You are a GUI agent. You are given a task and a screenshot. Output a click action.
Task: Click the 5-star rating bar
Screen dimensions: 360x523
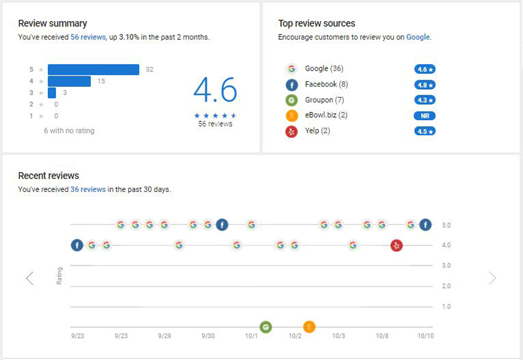pos(93,70)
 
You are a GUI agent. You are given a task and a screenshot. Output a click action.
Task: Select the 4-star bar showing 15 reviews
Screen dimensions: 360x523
pos(69,81)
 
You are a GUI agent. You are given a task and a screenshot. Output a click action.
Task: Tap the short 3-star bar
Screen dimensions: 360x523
pos(52,93)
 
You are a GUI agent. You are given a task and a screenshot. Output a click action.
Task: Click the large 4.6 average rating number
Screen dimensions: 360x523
pos(215,91)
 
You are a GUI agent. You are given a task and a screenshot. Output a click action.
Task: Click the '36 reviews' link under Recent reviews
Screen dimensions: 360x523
pos(88,189)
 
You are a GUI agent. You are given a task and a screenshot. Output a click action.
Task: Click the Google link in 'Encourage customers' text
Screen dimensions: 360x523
pos(418,37)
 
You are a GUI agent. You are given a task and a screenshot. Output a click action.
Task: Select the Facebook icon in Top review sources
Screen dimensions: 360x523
pos(291,85)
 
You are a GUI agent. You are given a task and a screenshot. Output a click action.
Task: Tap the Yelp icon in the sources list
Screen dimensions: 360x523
pos(291,131)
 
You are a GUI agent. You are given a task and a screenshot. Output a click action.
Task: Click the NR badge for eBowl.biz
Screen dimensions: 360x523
pos(425,116)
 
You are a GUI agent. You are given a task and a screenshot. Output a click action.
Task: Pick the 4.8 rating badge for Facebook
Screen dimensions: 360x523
pos(425,85)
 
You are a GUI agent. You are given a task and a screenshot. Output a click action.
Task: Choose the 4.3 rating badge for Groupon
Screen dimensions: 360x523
pos(425,100)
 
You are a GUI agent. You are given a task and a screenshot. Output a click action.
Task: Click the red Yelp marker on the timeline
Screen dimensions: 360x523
pos(396,245)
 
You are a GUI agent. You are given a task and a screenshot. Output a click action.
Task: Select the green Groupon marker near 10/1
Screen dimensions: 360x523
pos(266,327)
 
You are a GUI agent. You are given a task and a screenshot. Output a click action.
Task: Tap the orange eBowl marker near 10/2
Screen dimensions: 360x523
pos(309,327)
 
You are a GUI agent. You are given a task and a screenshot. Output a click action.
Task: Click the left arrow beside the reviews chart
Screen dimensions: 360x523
pos(30,278)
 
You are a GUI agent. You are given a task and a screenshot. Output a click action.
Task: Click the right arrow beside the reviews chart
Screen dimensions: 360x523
pos(492,278)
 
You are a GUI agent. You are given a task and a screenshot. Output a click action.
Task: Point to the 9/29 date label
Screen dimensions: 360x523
pos(164,335)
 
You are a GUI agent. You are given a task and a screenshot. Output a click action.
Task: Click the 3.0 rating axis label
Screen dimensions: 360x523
pos(446,266)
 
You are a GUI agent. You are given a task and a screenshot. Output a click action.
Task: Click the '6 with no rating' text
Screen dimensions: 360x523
pos(69,131)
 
